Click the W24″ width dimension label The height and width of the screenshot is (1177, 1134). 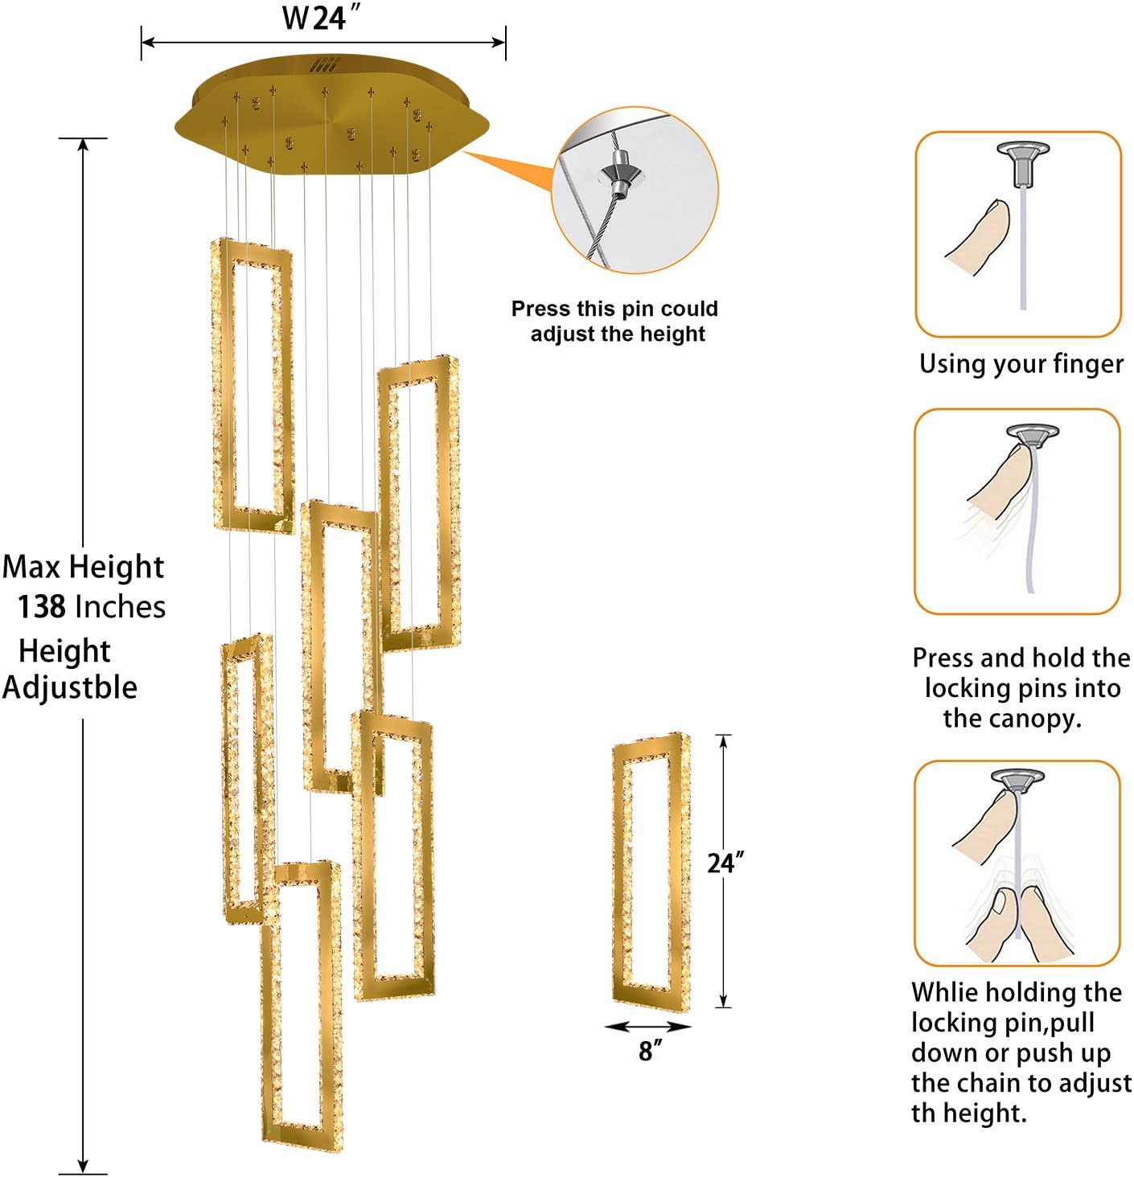pos(320,18)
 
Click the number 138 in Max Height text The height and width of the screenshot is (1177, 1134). pos(41,607)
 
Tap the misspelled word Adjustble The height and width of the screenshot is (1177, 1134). pos(69,688)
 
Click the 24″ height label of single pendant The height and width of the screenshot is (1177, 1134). pos(725,863)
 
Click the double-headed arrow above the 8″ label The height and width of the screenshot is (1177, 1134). pos(648,1027)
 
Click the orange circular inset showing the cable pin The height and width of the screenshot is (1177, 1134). pos(635,191)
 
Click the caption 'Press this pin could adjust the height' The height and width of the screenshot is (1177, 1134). pos(615,321)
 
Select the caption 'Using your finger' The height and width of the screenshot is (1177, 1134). pos(1021,364)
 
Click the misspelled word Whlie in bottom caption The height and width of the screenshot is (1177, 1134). pos(943,992)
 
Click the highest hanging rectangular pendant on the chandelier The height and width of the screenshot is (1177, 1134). pos(252,386)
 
